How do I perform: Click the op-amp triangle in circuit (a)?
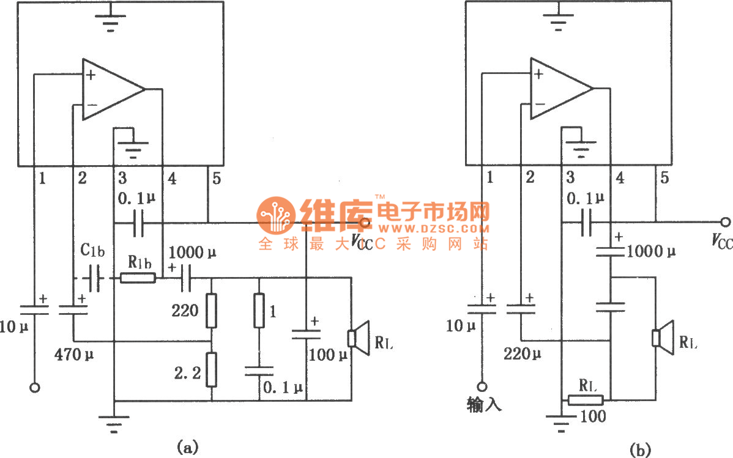pyautogui.click(x=110, y=89)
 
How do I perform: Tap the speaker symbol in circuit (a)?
pyautogui.click(x=357, y=338)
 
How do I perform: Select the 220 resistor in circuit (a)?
pyautogui.click(x=211, y=310)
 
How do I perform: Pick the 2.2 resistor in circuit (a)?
pyautogui.click(x=211, y=369)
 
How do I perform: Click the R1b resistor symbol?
pyautogui.click(x=138, y=278)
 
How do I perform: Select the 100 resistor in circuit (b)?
pyautogui.click(x=586, y=401)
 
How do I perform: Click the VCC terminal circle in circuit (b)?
pyautogui.click(x=726, y=222)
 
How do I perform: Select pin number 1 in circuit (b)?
pyautogui.click(x=489, y=178)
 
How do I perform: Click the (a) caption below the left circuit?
pyautogui.click(x=187, y=446)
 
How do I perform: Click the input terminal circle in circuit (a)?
pyautogui.click(x=35, y=388)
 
